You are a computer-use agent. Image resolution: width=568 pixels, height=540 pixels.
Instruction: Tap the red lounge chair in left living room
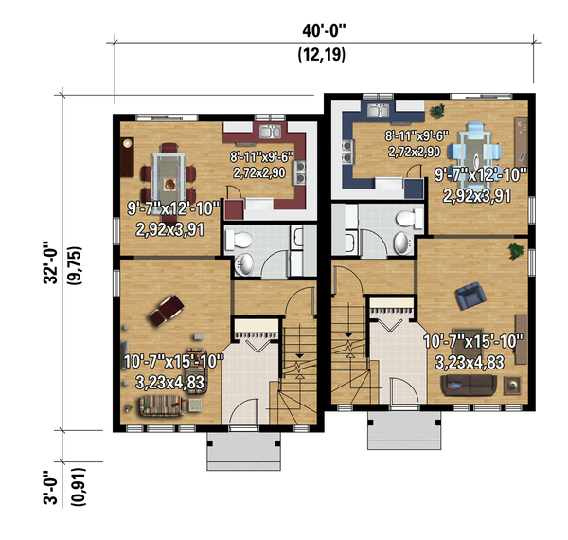pyautogui.click(x=167, y=307)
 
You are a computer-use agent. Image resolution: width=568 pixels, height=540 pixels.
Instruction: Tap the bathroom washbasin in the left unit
pyautogui.click(x=246, y=264)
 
